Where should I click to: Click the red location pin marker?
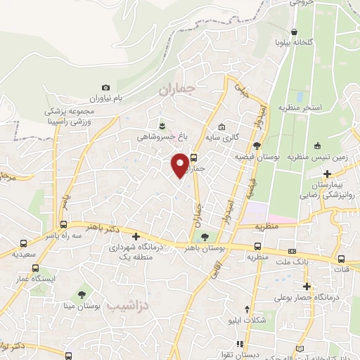(x=180, y=165)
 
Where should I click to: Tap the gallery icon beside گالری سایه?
(x=221, y=127)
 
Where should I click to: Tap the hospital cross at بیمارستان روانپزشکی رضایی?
(x=328, y=173)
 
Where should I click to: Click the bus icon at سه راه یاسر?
(x=63, y=225)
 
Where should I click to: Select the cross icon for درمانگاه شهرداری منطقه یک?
(x=136, y=237)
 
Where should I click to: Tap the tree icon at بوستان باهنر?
(x=205, y=237)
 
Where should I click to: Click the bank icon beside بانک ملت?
(x=292, y=251)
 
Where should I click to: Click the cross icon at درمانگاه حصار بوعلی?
(x=307, y=286)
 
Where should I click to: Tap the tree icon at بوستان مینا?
(x=83, y=293)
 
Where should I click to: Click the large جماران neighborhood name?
(x=175, y=91)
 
